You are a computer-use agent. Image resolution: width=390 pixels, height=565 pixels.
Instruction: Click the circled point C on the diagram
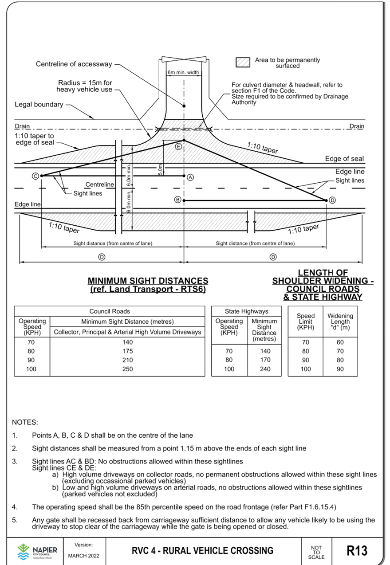coord(35,176)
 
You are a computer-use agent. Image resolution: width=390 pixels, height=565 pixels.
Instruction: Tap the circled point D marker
coord(332,200)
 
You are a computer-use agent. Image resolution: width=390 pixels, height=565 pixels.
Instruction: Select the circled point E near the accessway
coord(178,146)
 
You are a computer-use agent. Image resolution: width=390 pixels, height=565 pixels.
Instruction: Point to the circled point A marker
coord(190,177)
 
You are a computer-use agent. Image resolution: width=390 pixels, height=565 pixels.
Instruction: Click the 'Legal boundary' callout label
coord(39,105)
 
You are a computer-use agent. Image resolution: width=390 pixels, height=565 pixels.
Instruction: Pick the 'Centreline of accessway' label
coord(74,64)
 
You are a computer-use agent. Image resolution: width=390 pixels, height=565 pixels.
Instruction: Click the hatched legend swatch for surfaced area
coord(243,63)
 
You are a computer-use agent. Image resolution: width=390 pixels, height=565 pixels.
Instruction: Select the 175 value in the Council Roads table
coord(127,351)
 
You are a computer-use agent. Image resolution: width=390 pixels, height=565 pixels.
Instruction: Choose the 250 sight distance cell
coord(127,369)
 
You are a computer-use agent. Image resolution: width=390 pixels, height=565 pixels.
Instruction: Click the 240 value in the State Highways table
coord(265,369)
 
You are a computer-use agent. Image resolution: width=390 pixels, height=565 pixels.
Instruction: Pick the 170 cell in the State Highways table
coord(265,360)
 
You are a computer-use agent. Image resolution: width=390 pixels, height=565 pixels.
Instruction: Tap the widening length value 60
coord(340,342)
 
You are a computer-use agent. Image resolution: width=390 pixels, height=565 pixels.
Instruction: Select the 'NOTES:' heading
coord(25,421)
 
